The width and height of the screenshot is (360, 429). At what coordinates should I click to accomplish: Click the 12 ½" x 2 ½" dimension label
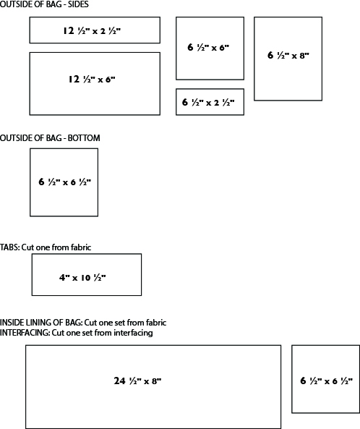point(92,30)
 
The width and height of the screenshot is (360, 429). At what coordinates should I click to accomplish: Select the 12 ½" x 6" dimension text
point(92,80)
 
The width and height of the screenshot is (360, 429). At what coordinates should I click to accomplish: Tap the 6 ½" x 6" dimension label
point(208,47)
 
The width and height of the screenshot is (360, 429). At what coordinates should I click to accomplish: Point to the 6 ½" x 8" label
point(288,55)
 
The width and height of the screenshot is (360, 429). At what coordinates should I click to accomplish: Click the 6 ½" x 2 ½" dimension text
point(208,102)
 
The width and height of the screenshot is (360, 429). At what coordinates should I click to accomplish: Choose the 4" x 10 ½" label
point(82,277)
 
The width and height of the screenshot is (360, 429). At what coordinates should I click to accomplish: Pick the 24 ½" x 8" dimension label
point(137,381)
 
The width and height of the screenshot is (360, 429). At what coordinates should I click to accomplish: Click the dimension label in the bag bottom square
point(65,182)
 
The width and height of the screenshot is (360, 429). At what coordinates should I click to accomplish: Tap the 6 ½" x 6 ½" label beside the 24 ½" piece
point(326,381)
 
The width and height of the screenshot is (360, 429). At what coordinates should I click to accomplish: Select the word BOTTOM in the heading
point(84,138)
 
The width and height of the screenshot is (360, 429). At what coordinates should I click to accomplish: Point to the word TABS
point(9,247)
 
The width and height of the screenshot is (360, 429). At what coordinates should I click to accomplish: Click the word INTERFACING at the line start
point(25,333)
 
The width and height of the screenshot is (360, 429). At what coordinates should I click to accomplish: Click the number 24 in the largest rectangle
point(119,381)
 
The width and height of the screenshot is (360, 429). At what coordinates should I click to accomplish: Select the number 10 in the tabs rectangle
point(85,278)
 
